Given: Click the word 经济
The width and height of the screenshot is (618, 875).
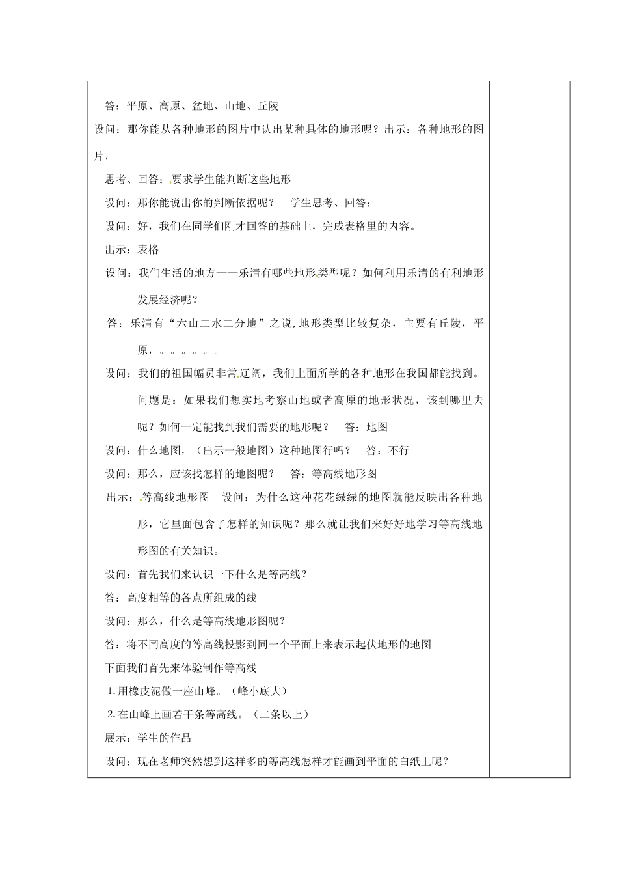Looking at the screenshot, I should (x=170, y=300).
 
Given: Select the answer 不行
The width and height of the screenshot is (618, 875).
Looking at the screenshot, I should (x=399, y=450).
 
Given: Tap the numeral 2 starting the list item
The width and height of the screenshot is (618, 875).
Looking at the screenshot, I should (x=111, y=714).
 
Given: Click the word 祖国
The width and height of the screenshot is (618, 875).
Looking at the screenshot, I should (x=173, y=374).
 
